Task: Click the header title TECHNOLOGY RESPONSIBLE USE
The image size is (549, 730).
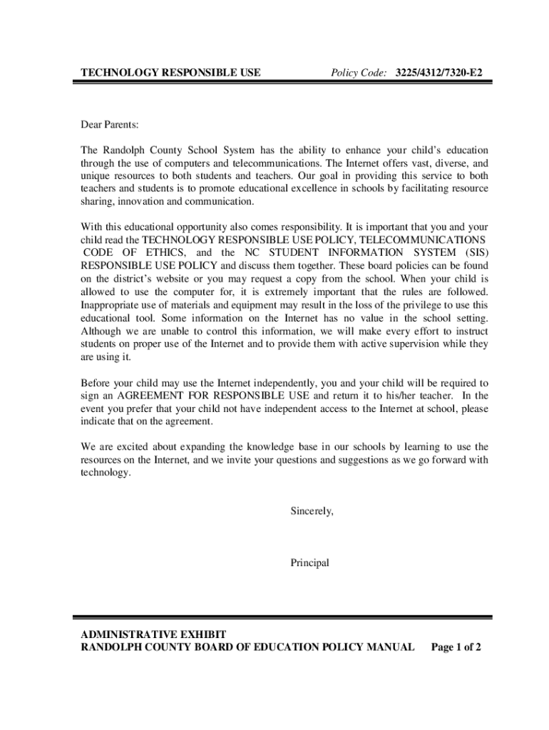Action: coord(170,73)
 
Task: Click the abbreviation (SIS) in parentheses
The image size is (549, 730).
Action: coord(473,253)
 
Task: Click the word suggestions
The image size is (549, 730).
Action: coord(352,460)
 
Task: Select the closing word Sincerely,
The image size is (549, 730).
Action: coord(312,511)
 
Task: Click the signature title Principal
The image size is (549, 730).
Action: coord(309,562)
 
